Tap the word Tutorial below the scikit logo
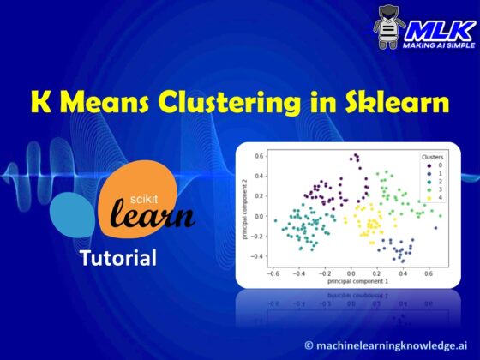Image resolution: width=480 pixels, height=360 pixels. (117, 257)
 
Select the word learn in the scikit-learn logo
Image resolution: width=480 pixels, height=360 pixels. (152, 215)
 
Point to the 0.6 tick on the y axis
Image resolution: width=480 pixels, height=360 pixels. (258, 156)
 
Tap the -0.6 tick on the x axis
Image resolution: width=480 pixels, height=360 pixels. (273, 275)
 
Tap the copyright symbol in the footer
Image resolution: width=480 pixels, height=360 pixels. (310, 345)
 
